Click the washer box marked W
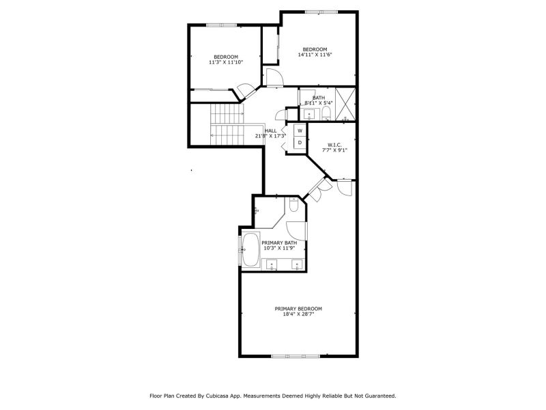300,131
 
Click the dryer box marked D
300,143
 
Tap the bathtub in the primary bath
250,249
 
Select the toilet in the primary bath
293,204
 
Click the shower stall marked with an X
345,105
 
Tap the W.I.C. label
334,145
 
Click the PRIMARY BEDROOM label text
298,309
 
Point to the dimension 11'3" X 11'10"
226,62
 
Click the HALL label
271,131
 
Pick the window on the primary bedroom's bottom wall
296,356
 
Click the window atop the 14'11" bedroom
321,12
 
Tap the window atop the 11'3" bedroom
222,25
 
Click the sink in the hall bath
309,113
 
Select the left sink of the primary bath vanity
271,265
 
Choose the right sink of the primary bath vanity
297,265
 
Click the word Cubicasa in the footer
216,396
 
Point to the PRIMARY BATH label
279,243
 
